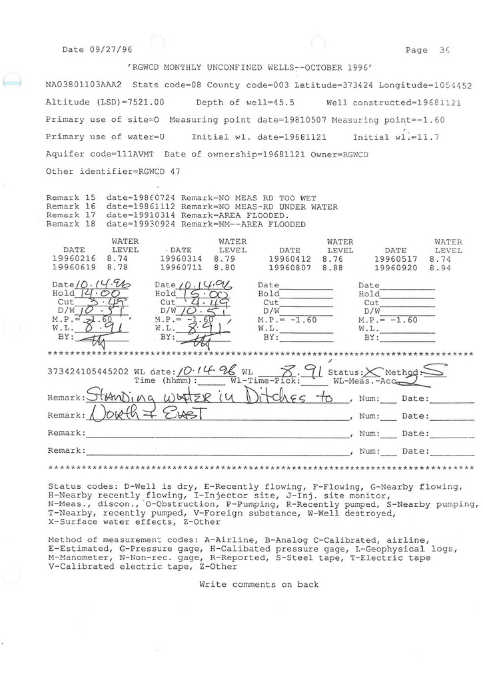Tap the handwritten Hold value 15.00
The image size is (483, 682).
pos(198,292)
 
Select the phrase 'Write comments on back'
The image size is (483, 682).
pos(258,585)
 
